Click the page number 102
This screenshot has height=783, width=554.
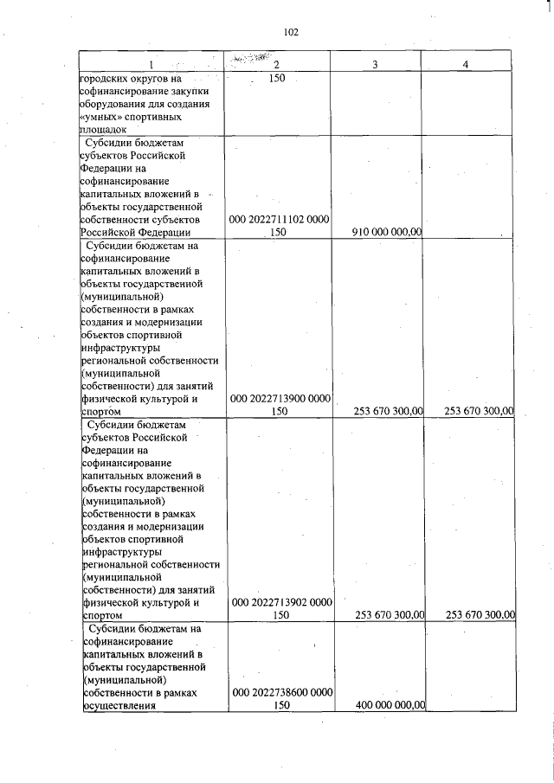click(290, 32)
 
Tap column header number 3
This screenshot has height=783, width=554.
click(375, 65)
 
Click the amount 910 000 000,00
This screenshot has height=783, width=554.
click(388, 231)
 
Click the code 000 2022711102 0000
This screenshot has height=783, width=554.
click(279, 220)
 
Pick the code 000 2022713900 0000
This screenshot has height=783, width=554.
click(279, 399)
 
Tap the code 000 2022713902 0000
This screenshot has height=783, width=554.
click(279, 603)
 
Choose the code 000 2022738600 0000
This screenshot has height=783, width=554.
click(279, 694)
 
